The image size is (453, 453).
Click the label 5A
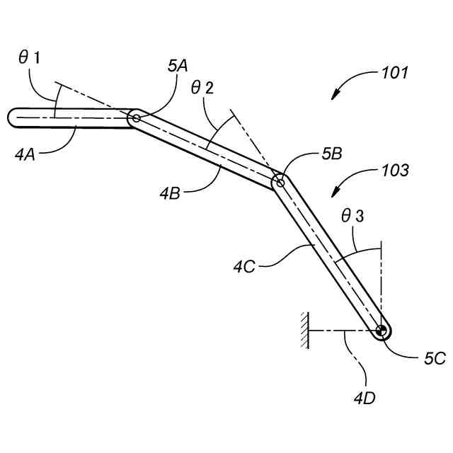coord(178,66)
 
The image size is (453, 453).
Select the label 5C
coord(435,359)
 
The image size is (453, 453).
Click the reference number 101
coord(394,73)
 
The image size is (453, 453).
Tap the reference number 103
coord(394,171)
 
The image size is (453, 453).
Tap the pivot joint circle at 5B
coord(280,182)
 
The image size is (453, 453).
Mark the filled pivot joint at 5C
coord(382,331)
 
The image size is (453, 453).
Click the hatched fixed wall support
coord(304,331)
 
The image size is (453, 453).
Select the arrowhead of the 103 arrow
coord(334,195)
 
